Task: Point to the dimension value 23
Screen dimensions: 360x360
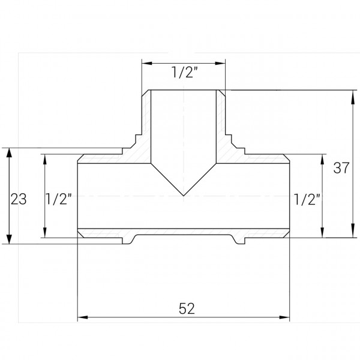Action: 19,199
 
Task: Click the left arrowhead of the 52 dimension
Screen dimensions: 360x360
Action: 83,317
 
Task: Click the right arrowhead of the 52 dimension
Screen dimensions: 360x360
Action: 286,317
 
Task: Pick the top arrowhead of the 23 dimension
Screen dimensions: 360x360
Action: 9,154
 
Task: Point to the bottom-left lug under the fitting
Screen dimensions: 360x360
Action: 128,240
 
